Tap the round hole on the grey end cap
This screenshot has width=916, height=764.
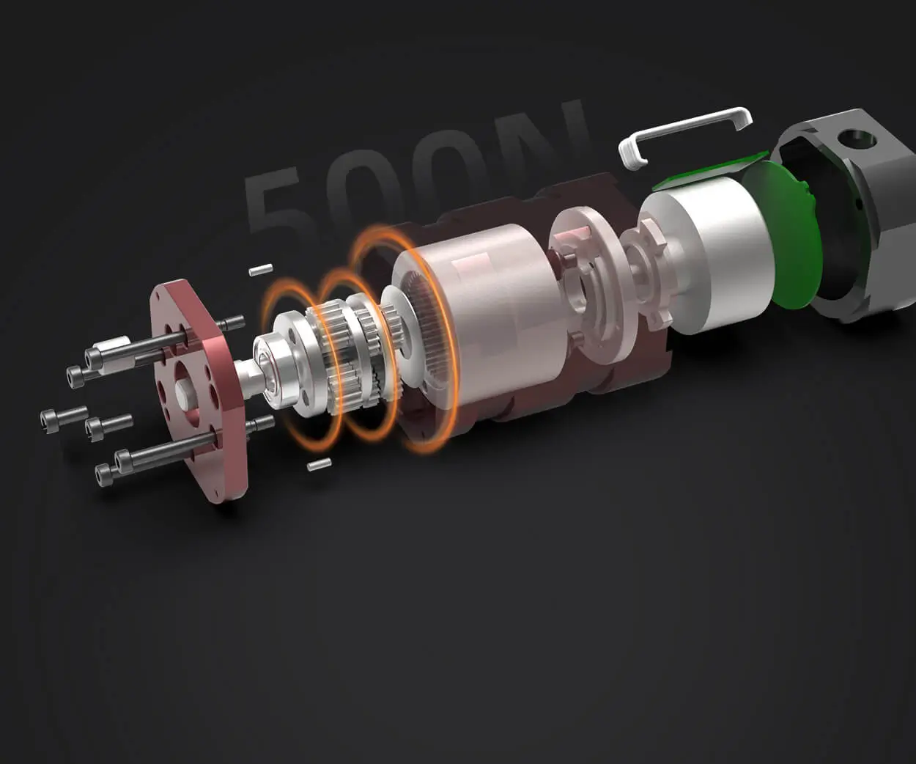click(855, 136)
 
